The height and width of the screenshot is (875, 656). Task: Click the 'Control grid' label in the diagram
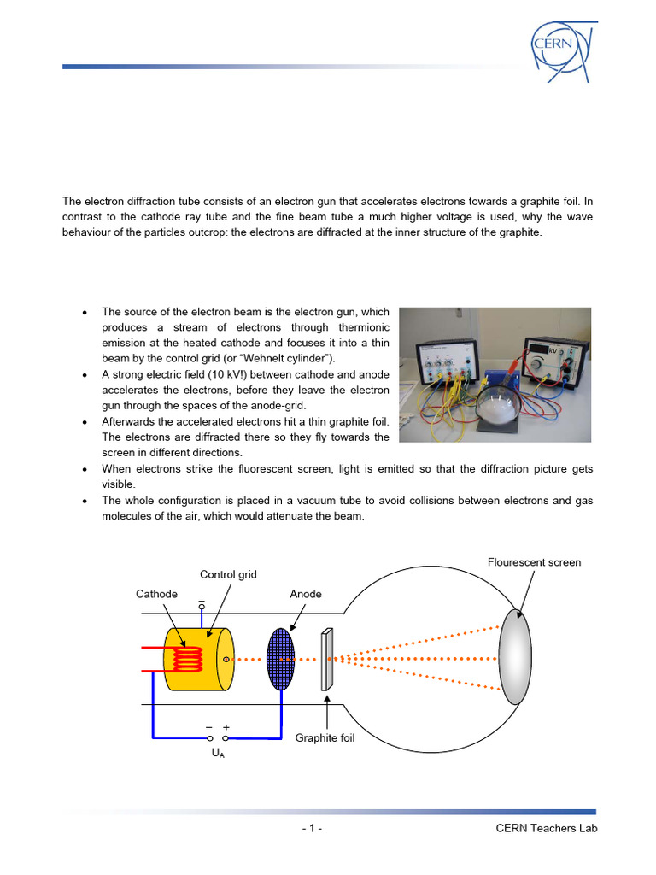click(228, 574)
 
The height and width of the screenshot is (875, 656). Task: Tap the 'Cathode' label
click(156, 594)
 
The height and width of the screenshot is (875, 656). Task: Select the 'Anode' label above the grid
click(306, 594)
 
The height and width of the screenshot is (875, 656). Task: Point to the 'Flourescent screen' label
click(534, 562)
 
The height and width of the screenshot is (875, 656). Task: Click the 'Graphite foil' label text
click(325, 737)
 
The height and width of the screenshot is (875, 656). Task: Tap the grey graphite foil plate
click(326, 660)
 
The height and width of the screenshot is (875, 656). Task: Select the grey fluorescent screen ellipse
click(516, 656)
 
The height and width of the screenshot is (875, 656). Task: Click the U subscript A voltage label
click(218, 755)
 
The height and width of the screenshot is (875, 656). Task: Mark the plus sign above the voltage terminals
click(226, 727)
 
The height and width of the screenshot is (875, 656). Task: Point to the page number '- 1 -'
click(312, 829)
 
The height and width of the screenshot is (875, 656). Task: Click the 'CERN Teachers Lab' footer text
click(547, 829)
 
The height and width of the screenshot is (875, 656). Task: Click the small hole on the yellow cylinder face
click(225, 660)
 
